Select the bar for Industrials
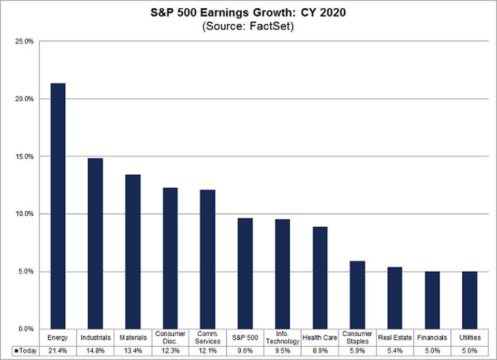point(95,243)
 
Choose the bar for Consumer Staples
point(357,295)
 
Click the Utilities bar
point(469,300)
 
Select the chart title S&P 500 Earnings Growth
point(248,11)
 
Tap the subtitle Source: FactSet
point(248,26)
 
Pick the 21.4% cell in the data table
point(57,352)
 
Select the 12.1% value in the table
point(208,352)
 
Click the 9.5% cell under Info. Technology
point(282,352)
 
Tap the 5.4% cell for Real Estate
point(394,352)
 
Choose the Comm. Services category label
point(208,337)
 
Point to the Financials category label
point(432,337)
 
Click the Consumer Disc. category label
point(170,337)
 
